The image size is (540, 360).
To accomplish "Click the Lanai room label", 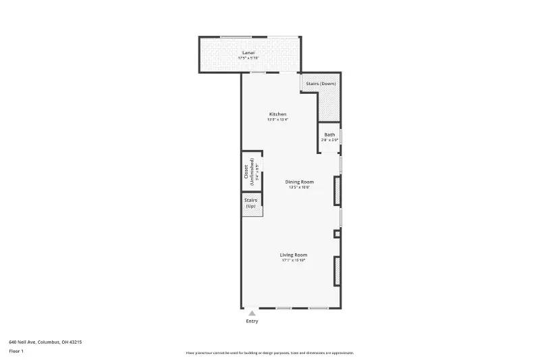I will click(248, 52).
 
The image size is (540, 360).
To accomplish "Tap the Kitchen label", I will click(278, 114).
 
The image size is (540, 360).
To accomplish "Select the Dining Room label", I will click(299, 182).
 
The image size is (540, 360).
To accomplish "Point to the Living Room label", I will click(294, 255).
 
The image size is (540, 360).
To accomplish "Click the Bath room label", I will click(329, 134).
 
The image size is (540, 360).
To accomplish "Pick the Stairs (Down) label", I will click(321, 84).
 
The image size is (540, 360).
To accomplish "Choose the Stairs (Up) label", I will click(250, 203).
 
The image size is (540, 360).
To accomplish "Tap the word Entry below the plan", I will click(252, 322).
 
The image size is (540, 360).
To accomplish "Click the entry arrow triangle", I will click(252, 313).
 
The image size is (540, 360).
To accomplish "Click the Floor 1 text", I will click(16, 351).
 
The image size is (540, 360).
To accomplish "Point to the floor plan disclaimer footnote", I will click(270, 353).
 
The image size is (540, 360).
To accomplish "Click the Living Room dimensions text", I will click(294, 260).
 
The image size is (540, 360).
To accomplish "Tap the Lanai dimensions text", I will click(248, 58).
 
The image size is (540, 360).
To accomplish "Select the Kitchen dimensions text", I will click(278, 120).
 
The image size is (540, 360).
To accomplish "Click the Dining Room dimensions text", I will click(299, 187).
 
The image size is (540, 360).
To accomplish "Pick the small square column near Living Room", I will click(337, 234).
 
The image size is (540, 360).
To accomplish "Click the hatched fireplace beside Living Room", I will click(337, 270).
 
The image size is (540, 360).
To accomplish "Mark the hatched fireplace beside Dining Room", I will click(337, 190).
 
